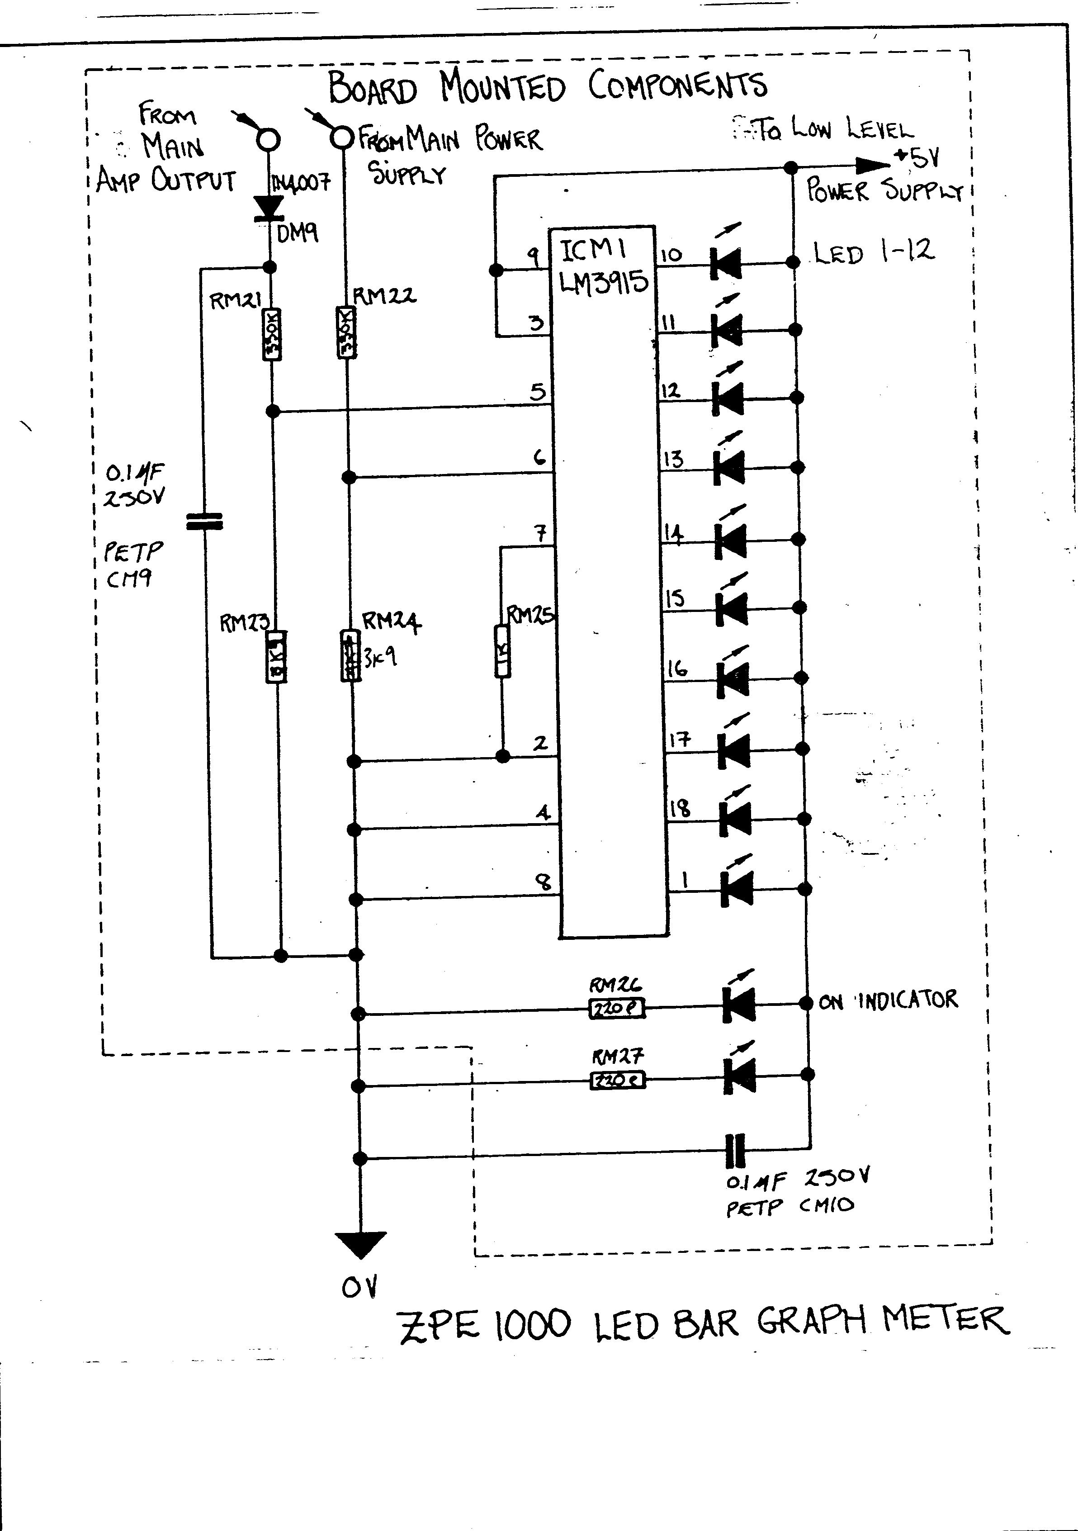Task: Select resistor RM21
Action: click(x=273, y=335)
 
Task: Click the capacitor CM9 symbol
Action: click(x=204, y=521)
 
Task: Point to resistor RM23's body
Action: click(x=277, y=656)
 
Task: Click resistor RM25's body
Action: click(x=503, y=651)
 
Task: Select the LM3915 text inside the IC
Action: click(x=603, y=283)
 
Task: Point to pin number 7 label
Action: click(x=541, y=533)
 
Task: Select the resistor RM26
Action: click(x=617, y=1009)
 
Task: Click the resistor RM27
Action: click(x=618, y=1080)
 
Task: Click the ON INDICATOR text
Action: click(x=888, y=1000)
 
